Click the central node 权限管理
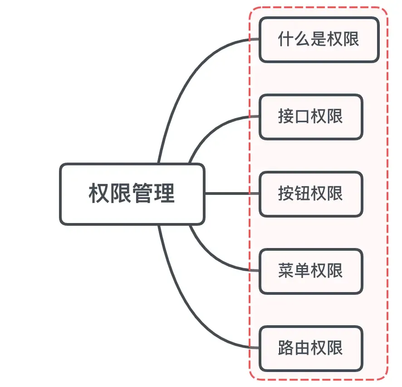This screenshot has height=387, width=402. [x=132, y=194]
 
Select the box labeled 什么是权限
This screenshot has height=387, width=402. [x=319, y=40]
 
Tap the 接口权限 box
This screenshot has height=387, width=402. [x=311, y=117]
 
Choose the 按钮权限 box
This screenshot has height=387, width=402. [x=311, y=194]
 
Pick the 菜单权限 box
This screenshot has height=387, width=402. [x=311, y=271]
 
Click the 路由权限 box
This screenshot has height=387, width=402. [x=311, y=348]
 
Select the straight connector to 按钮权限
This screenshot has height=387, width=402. [x=231, y=194]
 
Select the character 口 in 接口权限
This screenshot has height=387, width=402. [x=303, y=117]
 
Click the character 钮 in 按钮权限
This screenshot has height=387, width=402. [x=303, y=194]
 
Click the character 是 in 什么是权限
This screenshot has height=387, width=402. [x=319, y=40]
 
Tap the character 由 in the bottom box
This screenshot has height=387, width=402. [x=303, y=348]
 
